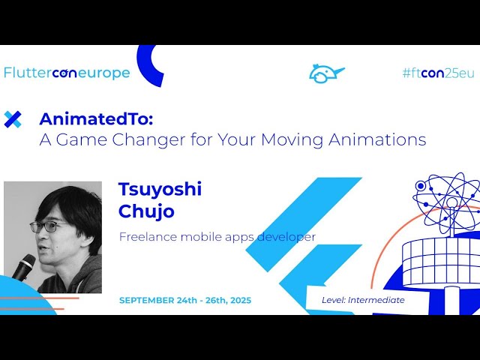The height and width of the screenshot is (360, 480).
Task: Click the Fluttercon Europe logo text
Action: (x=67, y=73)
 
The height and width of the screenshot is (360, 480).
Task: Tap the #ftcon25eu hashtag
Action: (x=438, y=73)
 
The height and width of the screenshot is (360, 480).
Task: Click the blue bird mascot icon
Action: (x=326, y=73)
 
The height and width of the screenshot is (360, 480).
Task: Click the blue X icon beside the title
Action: (x=13, y=119)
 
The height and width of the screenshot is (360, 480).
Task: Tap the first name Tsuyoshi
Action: (x=160, y=189)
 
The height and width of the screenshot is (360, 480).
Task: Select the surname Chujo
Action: (x=146, y=211)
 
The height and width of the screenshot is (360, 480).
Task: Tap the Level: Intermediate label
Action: (x=363, y=300)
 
